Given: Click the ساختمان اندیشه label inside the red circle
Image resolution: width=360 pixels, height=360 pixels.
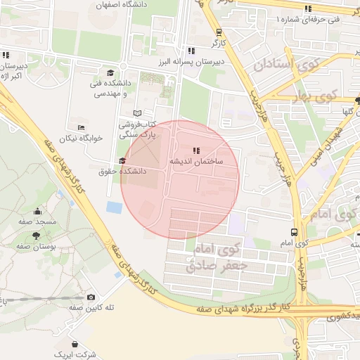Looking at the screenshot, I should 196,161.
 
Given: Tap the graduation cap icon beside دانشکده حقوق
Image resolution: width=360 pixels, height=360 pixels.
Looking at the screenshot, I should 122,161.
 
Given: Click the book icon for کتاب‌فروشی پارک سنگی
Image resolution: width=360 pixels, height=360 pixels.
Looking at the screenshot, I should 137,113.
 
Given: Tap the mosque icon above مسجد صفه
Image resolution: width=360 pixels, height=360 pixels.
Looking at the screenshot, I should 37,211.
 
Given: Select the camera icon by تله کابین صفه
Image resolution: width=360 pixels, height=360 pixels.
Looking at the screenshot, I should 91,297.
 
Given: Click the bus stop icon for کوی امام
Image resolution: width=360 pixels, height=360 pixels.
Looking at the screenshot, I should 293,232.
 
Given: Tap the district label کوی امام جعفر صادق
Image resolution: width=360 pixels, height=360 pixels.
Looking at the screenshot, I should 215,257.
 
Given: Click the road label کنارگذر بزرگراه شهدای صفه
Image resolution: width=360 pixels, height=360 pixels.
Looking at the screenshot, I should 243,308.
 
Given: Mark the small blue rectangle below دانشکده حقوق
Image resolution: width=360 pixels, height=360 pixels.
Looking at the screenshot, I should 112,207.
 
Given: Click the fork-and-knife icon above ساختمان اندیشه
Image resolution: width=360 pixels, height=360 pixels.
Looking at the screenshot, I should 197,150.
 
